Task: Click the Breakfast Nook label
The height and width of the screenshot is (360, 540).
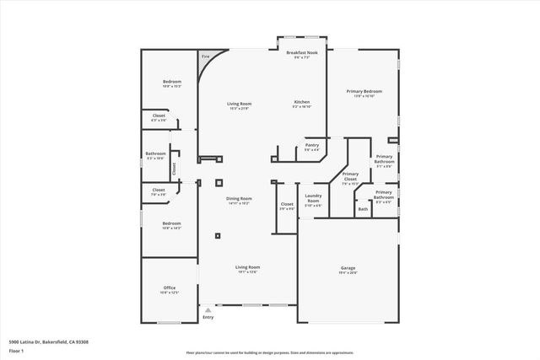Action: pyautogui.click(x=301, y=53)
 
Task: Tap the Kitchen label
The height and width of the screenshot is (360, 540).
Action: pyautogui.click(x=301, y=104)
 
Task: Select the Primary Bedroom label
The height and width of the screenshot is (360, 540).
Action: pyautogui.click(x=364, y=92)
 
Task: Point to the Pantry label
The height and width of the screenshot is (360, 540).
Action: pyautogui.click(x=311, y=145)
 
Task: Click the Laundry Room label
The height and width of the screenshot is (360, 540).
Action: pyautogui.click(x=313, y=198)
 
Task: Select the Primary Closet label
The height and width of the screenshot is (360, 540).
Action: pyautogui.click(x=350, y=176)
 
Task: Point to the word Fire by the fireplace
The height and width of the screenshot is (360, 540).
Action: pyautogui.click(x=205, y=57)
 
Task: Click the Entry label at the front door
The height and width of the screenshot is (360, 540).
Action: pyautogui.click(x=208, y=317)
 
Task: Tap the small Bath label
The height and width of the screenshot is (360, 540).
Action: pyautogui.click(x=363, y=209)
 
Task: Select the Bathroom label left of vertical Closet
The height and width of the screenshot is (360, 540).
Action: pyautogui.click(x=156, y=154)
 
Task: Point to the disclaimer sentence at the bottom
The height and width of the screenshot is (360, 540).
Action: pyautogui.click(x=270, y=352)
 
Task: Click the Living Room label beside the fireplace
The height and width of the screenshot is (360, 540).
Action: pyautogui.click(x=240, y=105)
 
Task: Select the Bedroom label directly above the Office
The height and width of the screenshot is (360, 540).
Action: pyautogui.click(x=172, y=224)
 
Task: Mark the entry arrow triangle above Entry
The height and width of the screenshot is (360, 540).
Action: pyautogui.click(x=200, y=309)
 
